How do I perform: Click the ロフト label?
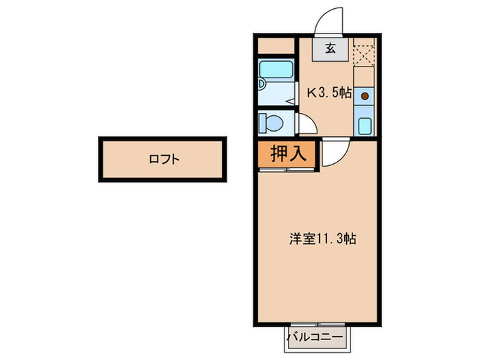[x=164, y=160]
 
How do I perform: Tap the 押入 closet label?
[x=288, y=154]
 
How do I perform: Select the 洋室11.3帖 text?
[x=321, y=239]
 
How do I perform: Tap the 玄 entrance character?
[x=331, y=48]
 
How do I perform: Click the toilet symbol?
[x=269, y=124]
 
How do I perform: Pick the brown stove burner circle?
[x=365, y=95]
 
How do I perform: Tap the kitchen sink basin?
[x=365, y=126]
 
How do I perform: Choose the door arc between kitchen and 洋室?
[x=336, y=152]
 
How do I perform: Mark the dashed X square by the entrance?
[x=365, y=53]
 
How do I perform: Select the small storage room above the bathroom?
[x=277, y=47]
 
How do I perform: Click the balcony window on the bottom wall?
[x=317, y=322]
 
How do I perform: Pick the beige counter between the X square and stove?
[x=365, y=75]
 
